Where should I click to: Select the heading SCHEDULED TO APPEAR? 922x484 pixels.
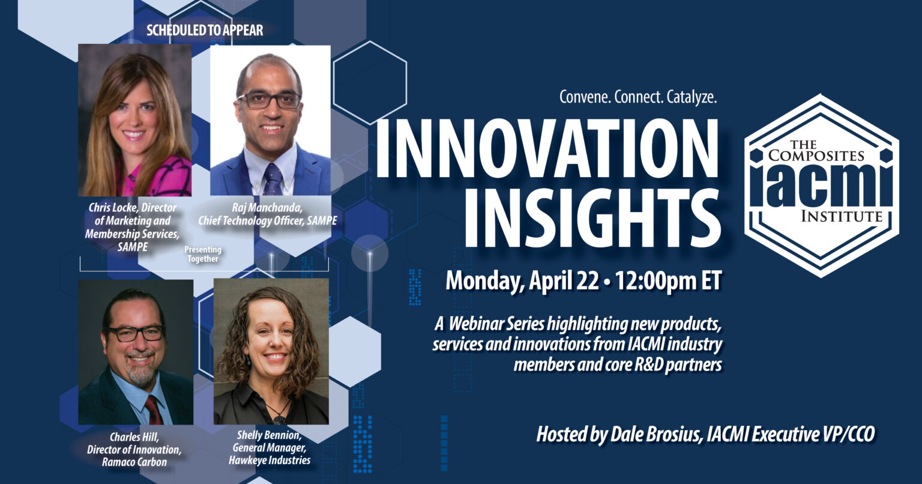click(205, 29)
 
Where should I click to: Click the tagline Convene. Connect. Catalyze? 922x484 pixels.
click(638, 97)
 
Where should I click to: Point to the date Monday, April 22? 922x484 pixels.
click(522, 280)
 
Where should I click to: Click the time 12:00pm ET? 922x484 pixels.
click(667, 280)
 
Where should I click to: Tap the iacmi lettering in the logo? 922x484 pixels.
click(821, 184)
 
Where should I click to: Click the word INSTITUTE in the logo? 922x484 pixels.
click(840, 217)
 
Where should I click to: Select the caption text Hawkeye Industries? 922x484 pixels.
click(270, 461)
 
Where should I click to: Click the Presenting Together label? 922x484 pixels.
click(203, 254)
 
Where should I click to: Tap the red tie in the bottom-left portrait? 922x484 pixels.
click(153, 410)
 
